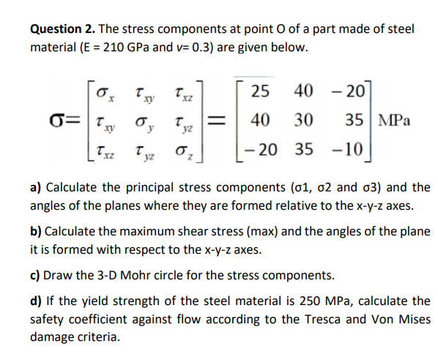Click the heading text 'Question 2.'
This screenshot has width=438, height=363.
62,29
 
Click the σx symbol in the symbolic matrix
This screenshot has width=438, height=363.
104,93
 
